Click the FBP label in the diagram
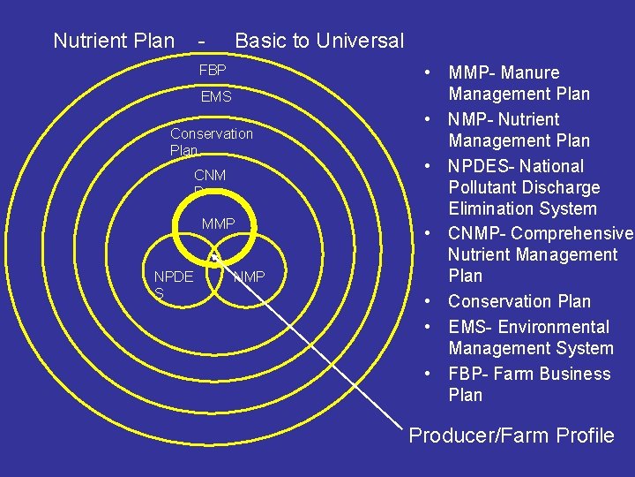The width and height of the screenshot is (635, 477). point(213,70)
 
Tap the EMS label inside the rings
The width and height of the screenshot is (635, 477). point(216,96)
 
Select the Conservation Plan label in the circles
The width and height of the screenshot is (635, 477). point(211,141)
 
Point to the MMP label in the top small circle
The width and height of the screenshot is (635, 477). point(218,224)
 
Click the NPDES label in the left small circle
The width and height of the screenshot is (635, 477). point(173,284)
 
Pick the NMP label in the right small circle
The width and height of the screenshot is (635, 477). point(249,277)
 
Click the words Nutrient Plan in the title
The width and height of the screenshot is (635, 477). point(114,40)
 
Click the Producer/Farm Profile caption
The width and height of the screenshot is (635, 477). point(512,435)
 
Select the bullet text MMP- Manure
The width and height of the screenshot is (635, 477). point(504,72)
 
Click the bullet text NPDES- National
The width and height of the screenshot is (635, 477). point(516,166)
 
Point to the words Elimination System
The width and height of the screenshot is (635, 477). point(522,208)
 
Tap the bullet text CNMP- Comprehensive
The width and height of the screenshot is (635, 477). point(541,233)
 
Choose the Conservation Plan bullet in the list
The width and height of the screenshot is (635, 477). point(519,301)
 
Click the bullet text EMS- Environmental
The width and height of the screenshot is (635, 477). point(528,327)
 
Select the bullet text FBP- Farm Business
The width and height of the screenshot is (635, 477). point(529,374)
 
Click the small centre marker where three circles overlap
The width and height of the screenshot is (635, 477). point(214,257)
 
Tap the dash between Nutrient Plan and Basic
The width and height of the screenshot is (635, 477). point(204,40)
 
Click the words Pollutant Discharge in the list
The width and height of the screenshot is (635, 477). point(524,187)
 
